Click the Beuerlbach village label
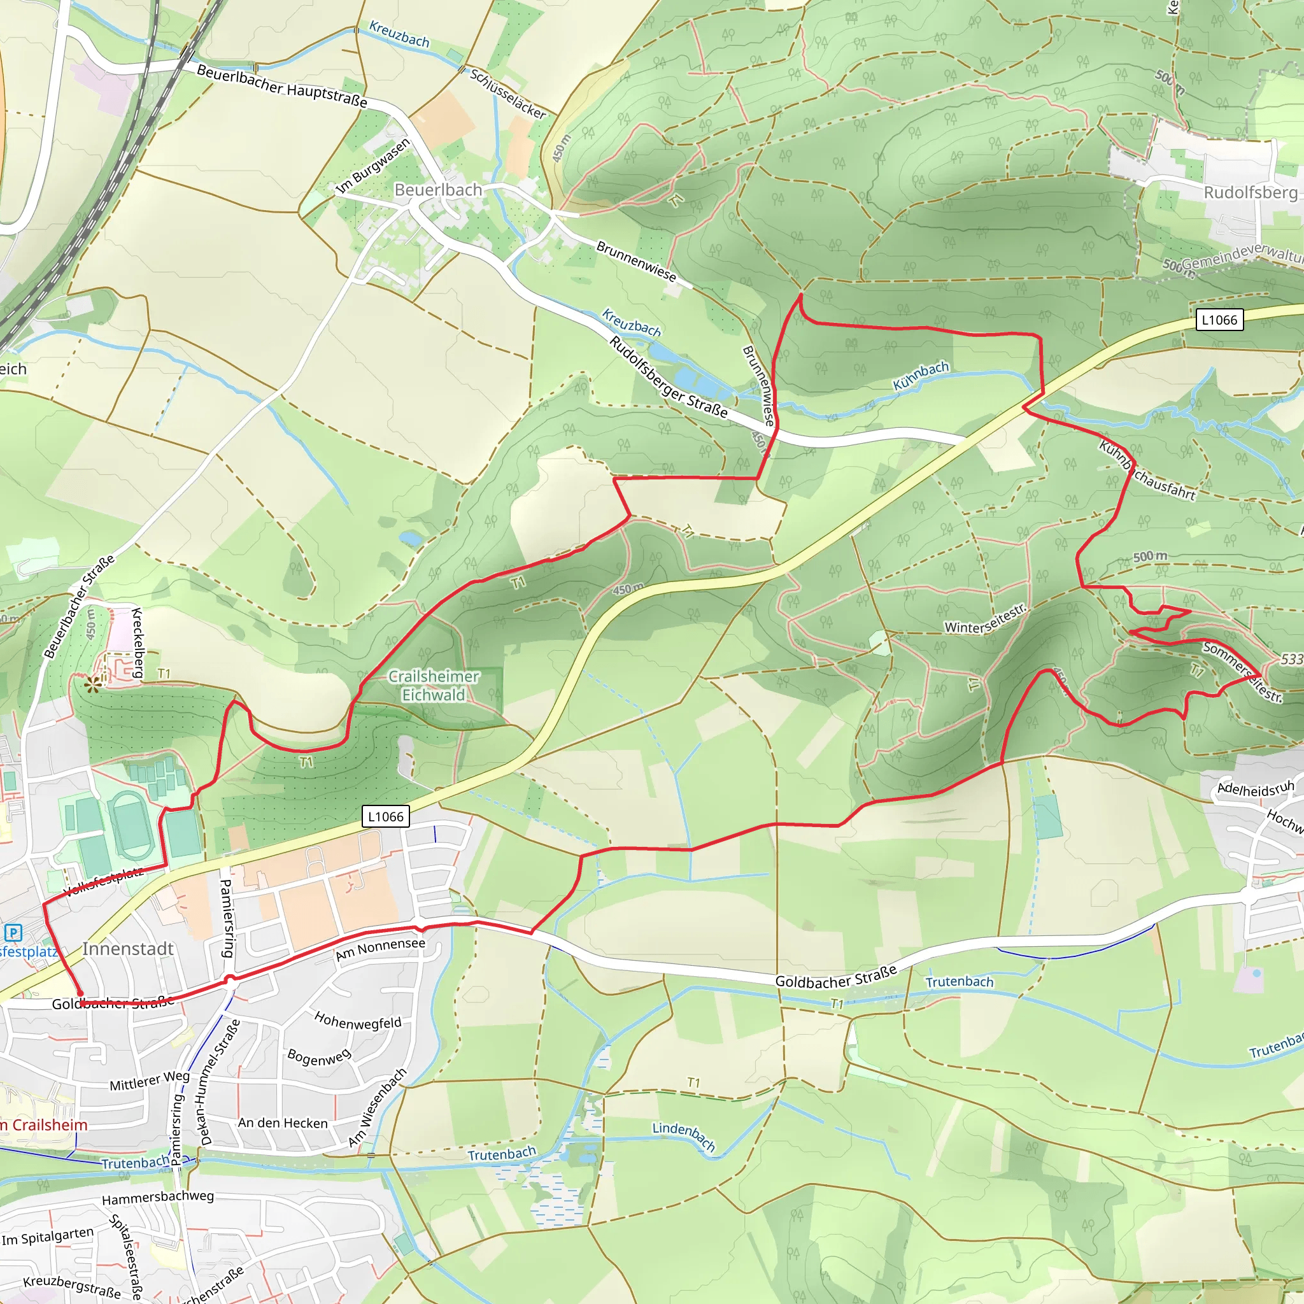(x=438, y=190)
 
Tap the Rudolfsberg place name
(x=1250, y=192)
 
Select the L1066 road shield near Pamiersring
(x=385, y=817)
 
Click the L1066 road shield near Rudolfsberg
(x=1219, y=320)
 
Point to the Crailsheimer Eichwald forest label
(x=434, y=686)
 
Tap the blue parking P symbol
(x=13, y=933)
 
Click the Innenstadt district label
(x=127, y=949)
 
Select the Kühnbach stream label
(x=921, y=376)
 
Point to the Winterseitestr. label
(x=985, y=619)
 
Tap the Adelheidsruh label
(x=1256, y=788)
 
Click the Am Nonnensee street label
(x=381, y=949)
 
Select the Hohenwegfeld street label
(x=358, y=1021)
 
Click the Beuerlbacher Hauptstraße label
(x=282, y=87)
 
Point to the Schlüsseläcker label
(x=507, y=94)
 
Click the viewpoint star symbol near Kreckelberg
(x=93, y=685)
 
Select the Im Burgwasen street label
(x=372, y=166)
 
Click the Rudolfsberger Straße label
(x=668, y=378)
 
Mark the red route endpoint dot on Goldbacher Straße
(x=80, y=993)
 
